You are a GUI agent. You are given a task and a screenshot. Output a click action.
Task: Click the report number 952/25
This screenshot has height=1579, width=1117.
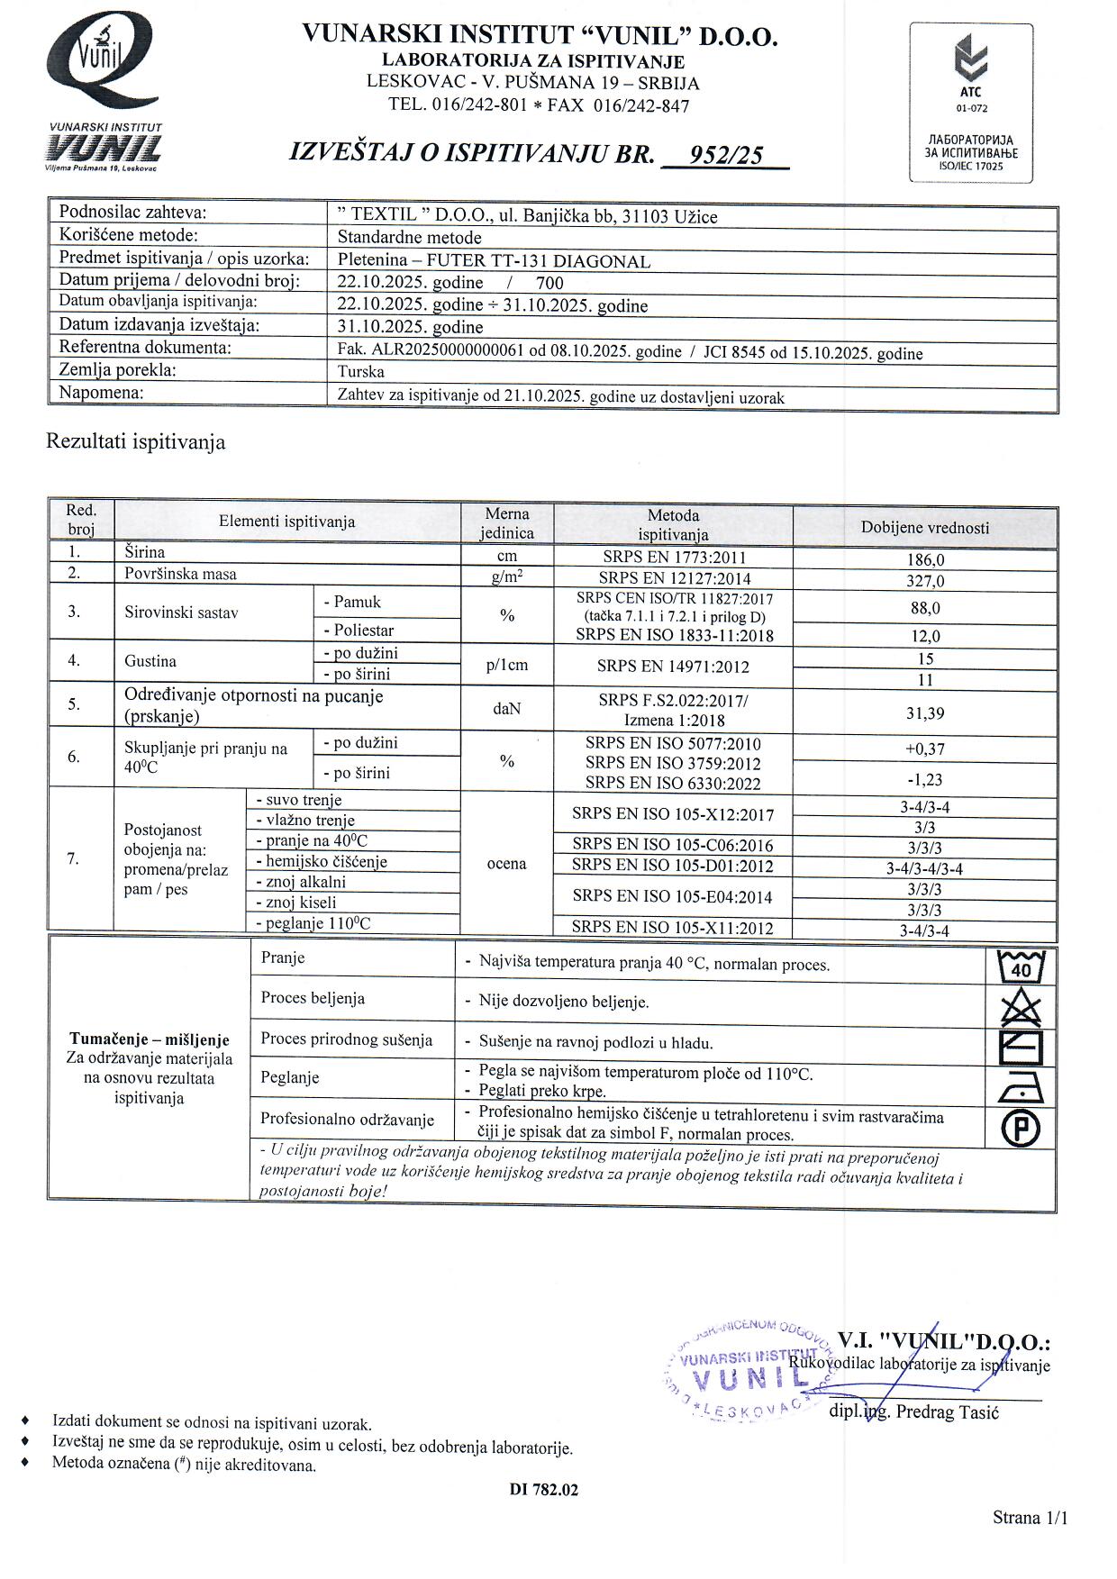pos(725,156)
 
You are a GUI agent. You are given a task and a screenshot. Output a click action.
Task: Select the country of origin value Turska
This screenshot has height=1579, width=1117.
pos(360,372)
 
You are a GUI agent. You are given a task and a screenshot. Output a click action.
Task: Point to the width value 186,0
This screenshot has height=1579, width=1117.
pos(925,559)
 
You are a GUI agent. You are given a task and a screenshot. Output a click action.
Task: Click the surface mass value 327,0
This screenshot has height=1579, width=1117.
pos(925,581)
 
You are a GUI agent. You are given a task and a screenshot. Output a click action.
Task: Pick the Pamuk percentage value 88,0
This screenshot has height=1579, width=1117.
pos(925,609)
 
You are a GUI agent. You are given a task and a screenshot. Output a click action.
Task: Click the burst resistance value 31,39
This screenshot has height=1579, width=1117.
pos(925,713)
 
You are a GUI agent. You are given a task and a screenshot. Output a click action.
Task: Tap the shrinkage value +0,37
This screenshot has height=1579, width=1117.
pos(925,749)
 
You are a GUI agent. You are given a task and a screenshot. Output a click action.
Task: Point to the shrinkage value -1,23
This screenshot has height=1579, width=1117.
pos(925,779)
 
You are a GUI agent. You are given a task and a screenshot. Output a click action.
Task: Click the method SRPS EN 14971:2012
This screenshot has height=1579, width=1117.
pos(673,667)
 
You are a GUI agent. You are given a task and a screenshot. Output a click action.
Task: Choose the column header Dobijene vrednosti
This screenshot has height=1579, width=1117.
pos(925,529)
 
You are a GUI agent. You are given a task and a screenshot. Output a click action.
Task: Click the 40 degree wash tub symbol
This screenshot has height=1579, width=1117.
pos(1022,966)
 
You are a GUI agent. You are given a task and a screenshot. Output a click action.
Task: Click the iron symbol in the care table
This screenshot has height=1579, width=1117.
pos(1022,1088)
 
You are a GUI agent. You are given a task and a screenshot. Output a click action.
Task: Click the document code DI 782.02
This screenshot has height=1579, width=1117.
pos(544,1490)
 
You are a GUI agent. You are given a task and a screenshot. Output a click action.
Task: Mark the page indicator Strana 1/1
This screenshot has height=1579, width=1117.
pos(1030,1518)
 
